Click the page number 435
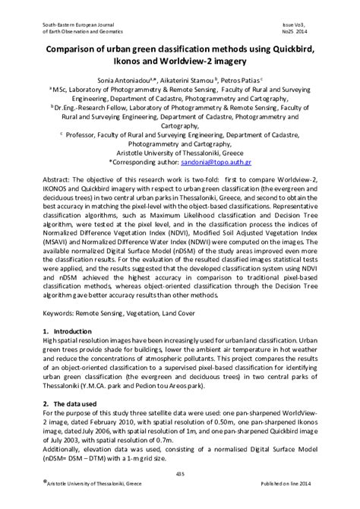coord(180,475)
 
